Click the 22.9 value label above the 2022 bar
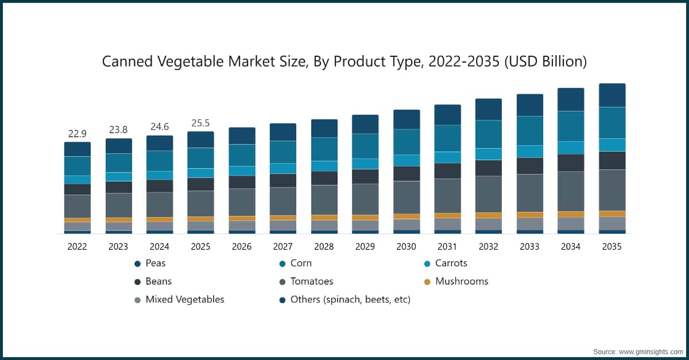click(78, 134)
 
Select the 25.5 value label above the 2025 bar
click(201, 123)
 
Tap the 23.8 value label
click(119, 130)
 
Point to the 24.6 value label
click(160, 126)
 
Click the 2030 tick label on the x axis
click(406, 246)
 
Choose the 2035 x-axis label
click(611, 246)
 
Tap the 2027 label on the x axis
click(282, 246)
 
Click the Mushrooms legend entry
click(461, 281)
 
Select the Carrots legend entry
click(451, 263)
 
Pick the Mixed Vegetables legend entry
click(184, 299)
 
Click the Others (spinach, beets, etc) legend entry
click(350, 299)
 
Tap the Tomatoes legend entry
click(311, 281)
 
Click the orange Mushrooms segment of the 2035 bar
click(612, 214)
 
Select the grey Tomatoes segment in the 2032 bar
click(488, 194)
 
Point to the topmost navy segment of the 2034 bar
click(571, 99)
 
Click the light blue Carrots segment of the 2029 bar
click(365, 164)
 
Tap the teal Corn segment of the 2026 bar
click(242, 155)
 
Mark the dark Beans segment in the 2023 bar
click(119, 187)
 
